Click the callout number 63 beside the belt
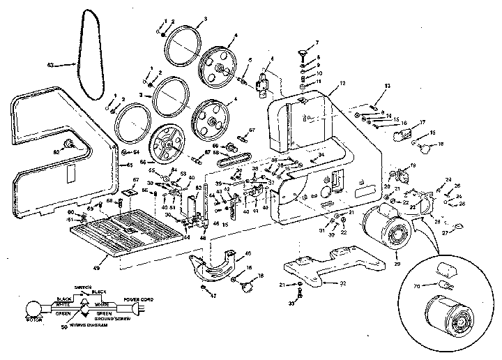(50, 65)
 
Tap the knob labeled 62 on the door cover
(70, 144)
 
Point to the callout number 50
(63, 325)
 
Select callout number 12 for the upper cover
(342, 82)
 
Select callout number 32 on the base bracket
(342, 284)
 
